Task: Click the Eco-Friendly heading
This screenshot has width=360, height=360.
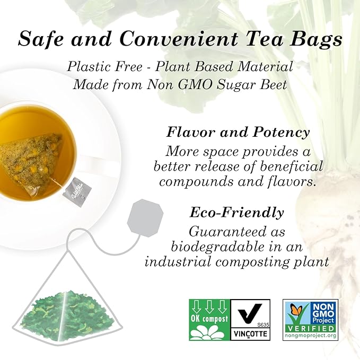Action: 236,213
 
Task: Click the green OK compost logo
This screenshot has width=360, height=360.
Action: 209,320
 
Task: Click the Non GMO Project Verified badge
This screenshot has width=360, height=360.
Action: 310,320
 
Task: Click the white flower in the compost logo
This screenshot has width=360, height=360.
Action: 209,331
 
